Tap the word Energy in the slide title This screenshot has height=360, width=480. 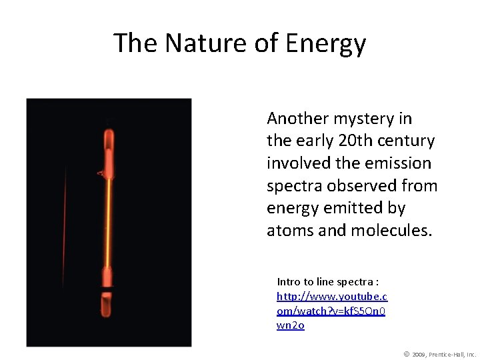tap(326, 44)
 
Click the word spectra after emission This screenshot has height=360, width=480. tap(294, 186)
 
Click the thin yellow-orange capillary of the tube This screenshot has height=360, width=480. tap(108, 220)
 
